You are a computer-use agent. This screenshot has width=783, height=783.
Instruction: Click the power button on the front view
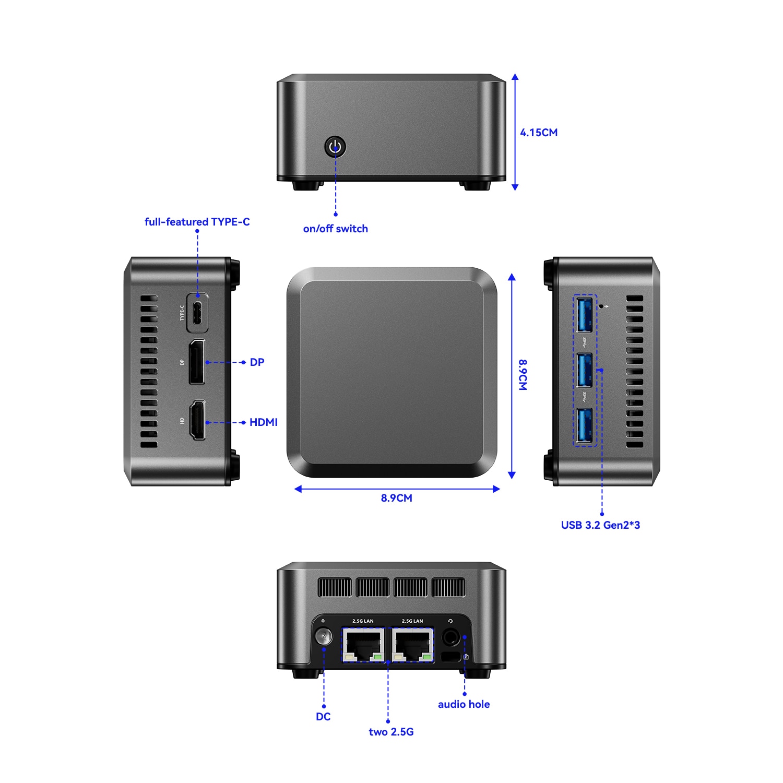(x=335, y=147)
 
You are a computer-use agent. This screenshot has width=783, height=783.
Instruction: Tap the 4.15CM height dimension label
(x=539, y=133)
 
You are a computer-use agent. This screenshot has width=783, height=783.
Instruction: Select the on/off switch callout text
(x=335, y=229)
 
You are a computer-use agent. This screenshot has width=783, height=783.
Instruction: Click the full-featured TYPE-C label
(x=197, y=222)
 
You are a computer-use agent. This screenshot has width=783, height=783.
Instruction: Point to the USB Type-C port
(x=198, y=313)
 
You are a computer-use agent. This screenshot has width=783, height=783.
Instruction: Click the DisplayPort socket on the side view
(x=197, y=362)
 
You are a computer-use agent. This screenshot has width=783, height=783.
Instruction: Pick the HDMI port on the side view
(x=197, y=421)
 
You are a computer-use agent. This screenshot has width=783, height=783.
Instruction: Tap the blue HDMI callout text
(x=263, y=422)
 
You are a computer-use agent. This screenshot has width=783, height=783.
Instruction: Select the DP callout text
(x=257, y=362)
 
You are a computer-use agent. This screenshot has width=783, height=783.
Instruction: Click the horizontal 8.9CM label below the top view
(x=396, y=498)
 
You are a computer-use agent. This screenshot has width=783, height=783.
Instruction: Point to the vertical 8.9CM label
(x=523, y=374)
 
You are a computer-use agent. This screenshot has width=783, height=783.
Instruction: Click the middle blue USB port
(x=585, y=370)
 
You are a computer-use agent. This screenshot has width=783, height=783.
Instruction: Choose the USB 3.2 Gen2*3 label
(x=600, y=525)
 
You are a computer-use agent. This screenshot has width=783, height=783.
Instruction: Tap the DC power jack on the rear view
(x=324, y=637)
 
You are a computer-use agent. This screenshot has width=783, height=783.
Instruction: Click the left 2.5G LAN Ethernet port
(x=363, y=645)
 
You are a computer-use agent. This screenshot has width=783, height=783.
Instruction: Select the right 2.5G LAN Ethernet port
(x=413, y=645)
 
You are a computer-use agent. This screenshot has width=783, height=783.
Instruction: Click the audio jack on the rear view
(x=450, y=637)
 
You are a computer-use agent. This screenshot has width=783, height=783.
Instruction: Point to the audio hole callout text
(x=464, y=704)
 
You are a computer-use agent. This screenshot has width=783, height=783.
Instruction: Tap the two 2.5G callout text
(x=391, y=732)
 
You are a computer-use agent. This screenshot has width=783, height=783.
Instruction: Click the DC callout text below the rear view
(x=323, y=717)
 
